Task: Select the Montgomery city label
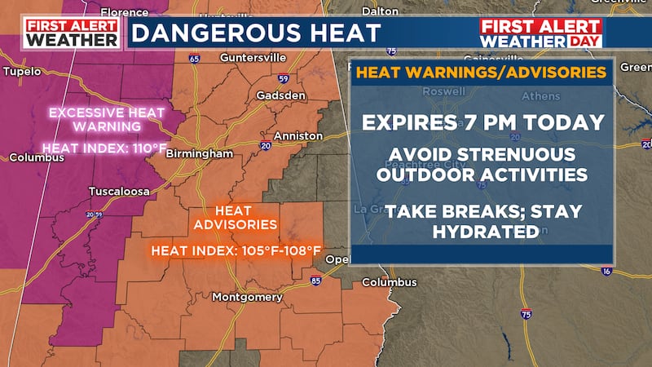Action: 247,297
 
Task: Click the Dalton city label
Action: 379,11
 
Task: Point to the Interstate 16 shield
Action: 606,270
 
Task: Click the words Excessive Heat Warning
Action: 95,120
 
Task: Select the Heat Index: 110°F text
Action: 94,148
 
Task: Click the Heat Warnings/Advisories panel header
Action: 482,73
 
